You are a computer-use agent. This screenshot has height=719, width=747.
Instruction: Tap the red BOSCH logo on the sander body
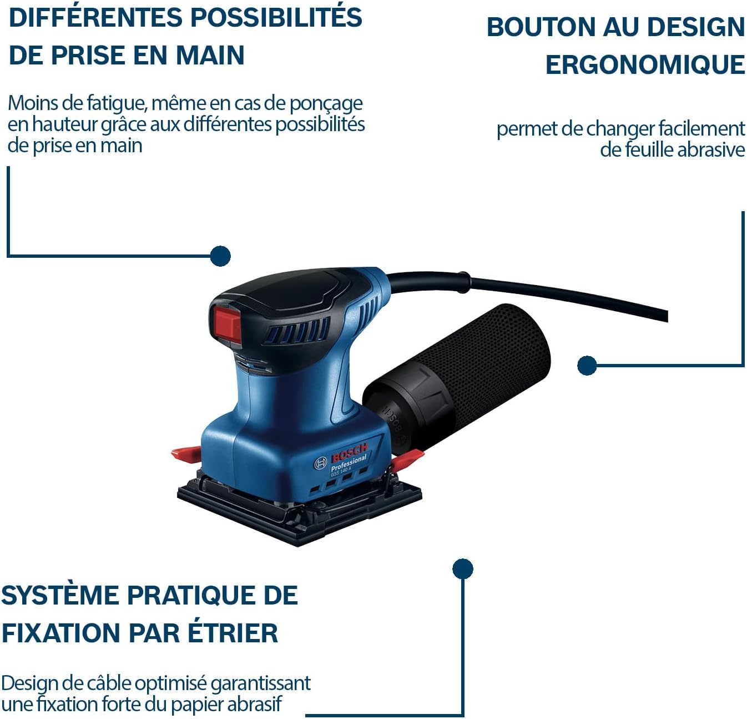pos(350,453)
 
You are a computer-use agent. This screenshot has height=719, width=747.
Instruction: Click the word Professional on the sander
pos(349,464)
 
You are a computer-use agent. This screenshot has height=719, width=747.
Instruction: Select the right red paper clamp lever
pos(407,460)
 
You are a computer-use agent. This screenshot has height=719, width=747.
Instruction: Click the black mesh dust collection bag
pos(488,356)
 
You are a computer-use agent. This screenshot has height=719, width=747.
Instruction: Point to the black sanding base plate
pos(300,511)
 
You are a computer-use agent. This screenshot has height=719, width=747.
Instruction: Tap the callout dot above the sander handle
pos(220,256)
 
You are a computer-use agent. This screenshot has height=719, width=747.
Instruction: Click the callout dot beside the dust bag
pos(587,366)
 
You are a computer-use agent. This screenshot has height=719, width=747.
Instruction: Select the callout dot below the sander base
pos(462,569)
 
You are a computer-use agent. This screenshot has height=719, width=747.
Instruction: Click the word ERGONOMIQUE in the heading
pos(645,64)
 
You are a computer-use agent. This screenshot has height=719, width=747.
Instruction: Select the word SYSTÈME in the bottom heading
pos(60,595)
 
